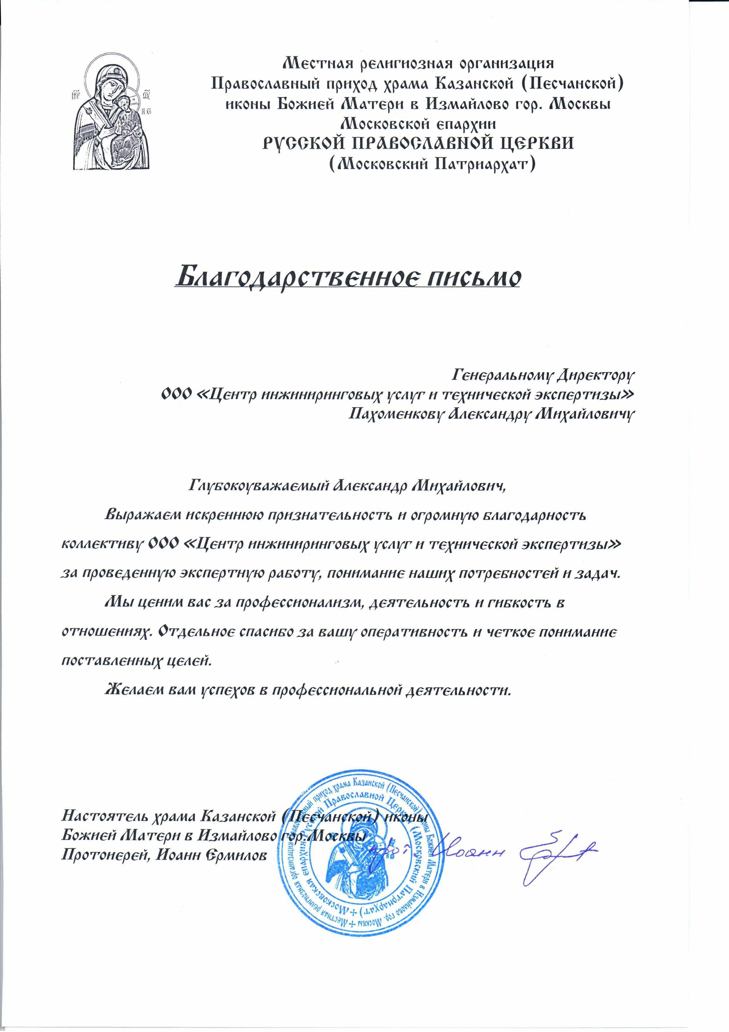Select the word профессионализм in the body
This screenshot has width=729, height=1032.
292,602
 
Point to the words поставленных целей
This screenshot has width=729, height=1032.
135,660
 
